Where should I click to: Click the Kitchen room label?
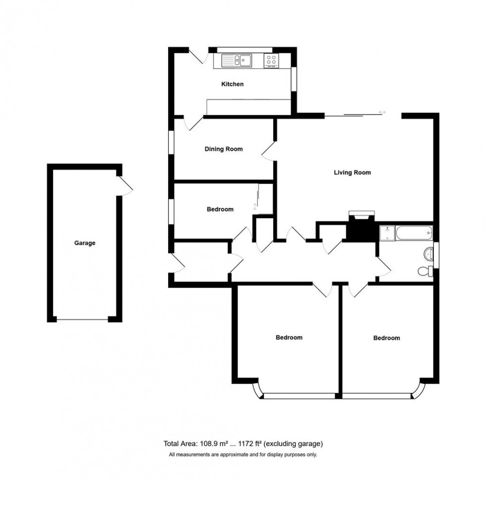232,84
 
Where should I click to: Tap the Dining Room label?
224,149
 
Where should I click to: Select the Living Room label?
352,173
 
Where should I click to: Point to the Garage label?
85,243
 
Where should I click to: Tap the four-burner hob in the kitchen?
271,61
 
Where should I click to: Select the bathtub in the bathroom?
414,233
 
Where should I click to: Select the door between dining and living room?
269,151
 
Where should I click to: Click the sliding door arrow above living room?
382,112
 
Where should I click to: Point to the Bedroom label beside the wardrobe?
220,209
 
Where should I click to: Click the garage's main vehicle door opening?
82,319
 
